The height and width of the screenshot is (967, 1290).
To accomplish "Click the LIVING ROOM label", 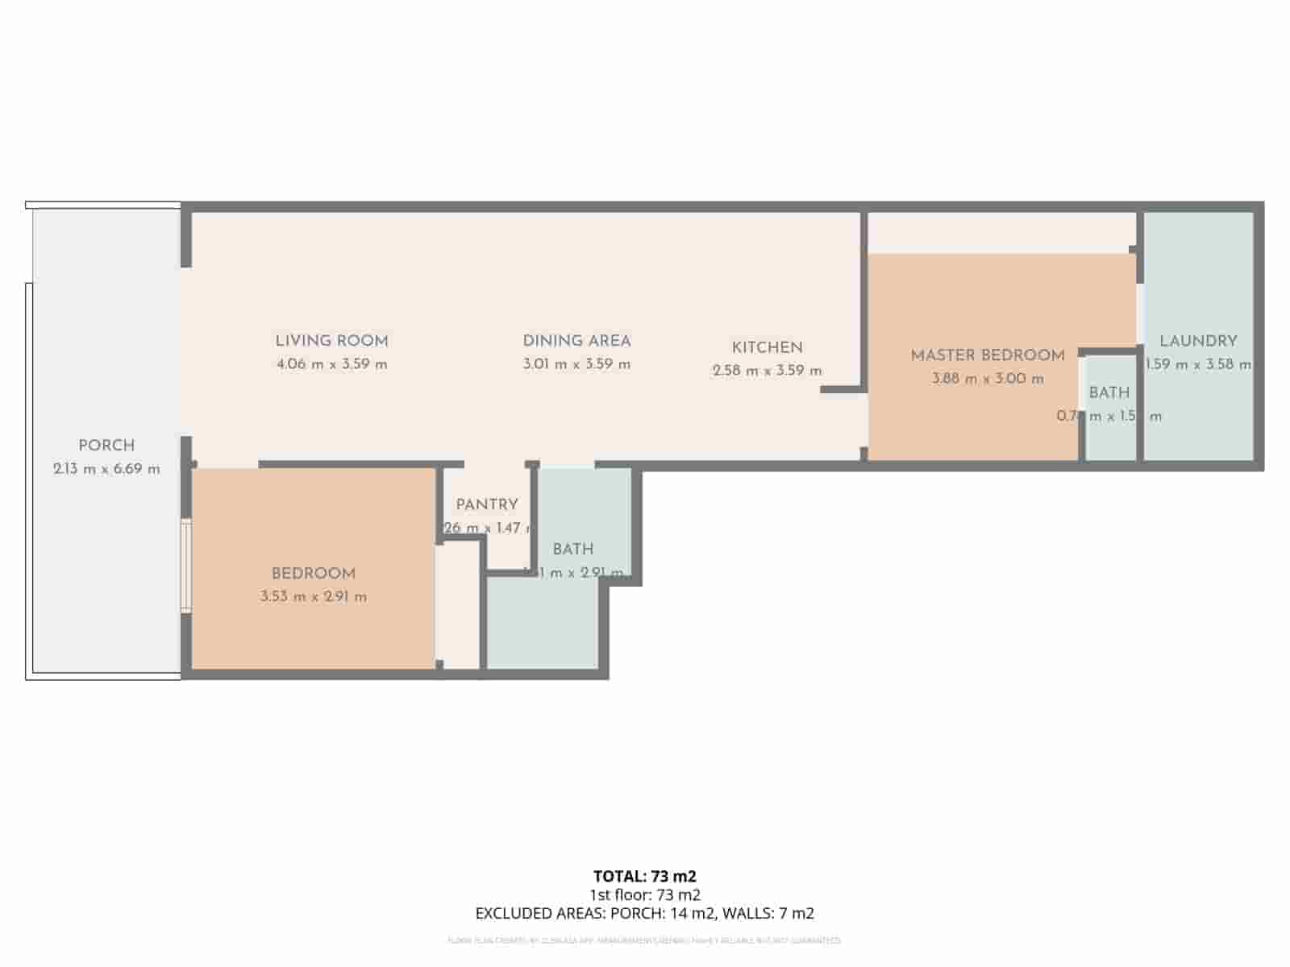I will click(x=331, y=341).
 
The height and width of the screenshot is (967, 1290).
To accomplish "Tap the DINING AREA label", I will click(x=576, y=341).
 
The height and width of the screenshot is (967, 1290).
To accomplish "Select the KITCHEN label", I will click(x=767, y=348).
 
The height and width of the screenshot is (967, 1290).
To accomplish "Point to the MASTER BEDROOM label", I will click(x=988, y=355).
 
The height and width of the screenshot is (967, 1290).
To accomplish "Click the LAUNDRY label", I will click(x=1198, y=341).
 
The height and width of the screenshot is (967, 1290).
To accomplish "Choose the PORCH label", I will click(x=106, y=446).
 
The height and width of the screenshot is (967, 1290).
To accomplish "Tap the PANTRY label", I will click(x=487, y=505).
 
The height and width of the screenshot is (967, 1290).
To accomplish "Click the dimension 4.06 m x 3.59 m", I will click(x=331, y=364).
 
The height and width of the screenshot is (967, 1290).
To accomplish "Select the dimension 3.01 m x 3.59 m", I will click(x=576, y=364).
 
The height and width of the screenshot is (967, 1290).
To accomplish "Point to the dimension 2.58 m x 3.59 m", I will click(x=767, y=371).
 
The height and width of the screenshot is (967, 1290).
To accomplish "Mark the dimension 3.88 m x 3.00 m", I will click(x=988, y=379).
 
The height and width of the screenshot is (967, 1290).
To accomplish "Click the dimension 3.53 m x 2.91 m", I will click(x=313, y=597).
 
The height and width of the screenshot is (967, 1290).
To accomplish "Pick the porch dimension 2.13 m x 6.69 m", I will click(x=106, y=469).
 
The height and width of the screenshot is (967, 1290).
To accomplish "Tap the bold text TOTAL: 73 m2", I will click(x=644, y=876).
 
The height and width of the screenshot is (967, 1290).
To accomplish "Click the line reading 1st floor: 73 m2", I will click(x=644, y=894).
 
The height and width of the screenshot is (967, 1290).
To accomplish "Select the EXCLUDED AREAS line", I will click(x=644, y=913).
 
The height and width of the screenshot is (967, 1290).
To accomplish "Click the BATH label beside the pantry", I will click(x=573, y=550).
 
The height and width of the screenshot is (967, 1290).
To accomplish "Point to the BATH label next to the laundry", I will click(x=1109, y=393).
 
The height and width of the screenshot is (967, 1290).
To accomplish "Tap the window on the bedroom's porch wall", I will click(x=186, y=566).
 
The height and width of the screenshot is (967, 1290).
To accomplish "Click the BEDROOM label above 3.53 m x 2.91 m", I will click(x=313, y=574).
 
